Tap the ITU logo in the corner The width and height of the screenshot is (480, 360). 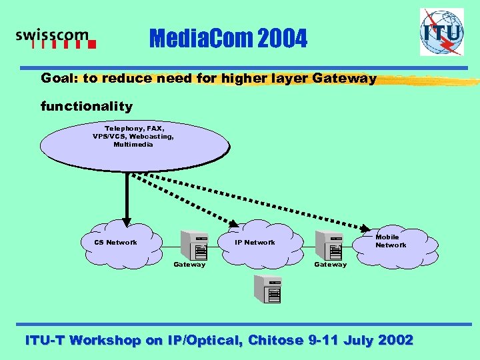tap(441, 31)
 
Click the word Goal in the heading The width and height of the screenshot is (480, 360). tap(57, 79)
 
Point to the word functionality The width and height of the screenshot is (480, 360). tap(87, 106)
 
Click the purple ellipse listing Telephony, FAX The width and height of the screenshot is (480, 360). tap(133, 143)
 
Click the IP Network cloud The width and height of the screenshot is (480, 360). tap(254, 243)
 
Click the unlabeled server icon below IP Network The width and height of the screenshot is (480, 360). tap(267, 287)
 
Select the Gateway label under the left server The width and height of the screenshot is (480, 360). tap(189, 265)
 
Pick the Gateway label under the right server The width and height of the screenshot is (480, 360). tap(331, 265)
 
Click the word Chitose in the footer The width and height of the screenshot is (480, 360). tap(275, 340)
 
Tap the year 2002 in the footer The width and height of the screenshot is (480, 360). tap(395, 340)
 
